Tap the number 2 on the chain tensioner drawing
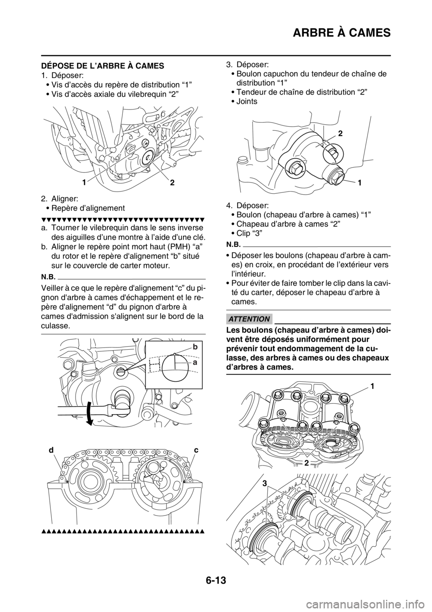coord(341,134)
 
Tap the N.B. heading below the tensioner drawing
coord(233,244)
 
